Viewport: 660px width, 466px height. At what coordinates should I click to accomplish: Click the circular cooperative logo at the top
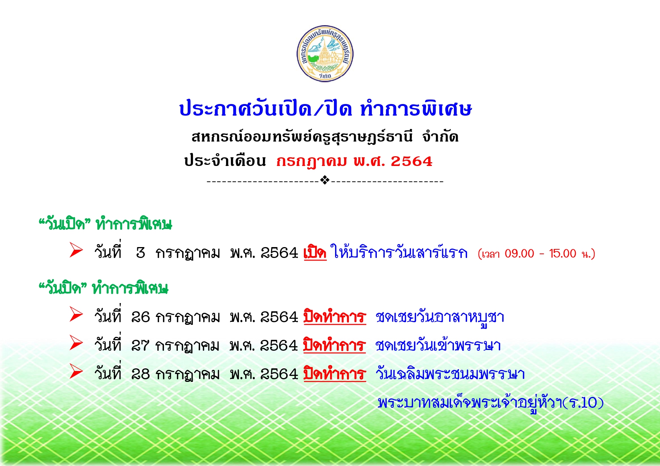tap(325, 54)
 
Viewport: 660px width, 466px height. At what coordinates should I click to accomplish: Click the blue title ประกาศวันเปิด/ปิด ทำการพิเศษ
tap(325, 109)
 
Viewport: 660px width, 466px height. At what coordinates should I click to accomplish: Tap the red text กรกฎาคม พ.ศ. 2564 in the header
tap(354, 161)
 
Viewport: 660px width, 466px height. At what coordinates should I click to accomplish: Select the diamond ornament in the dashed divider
tap(325, 181)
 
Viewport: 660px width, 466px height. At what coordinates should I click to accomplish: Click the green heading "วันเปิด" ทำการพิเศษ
tap(105, 224)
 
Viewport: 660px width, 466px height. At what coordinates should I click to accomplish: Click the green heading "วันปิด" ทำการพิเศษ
tap(103, 288)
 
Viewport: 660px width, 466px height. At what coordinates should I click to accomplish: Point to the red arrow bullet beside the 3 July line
tap(76, 250)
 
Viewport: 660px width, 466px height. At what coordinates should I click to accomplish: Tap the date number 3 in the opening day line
tap(141, 253)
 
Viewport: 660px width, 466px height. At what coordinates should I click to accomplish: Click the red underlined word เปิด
tap(315, 252)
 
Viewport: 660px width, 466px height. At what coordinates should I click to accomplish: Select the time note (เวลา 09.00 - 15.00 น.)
tap(536, 254)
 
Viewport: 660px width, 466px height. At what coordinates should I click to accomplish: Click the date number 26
tap(141, 317)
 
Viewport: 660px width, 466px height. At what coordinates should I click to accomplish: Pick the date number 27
tap(141, 345)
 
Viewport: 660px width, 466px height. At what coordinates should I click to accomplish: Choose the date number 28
tap(141, 374)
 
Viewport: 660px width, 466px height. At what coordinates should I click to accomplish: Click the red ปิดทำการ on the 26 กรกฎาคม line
tap(335, 317)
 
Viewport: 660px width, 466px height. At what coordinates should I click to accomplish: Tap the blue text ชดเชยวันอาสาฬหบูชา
tap(440, 318)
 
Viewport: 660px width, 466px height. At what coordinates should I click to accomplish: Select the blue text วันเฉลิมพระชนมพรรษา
tap(450, 374)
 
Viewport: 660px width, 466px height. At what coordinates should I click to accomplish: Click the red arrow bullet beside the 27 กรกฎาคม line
tap(76, 343)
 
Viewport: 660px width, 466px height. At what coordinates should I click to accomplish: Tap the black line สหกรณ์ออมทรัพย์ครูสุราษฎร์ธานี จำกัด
tap(325, 137)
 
